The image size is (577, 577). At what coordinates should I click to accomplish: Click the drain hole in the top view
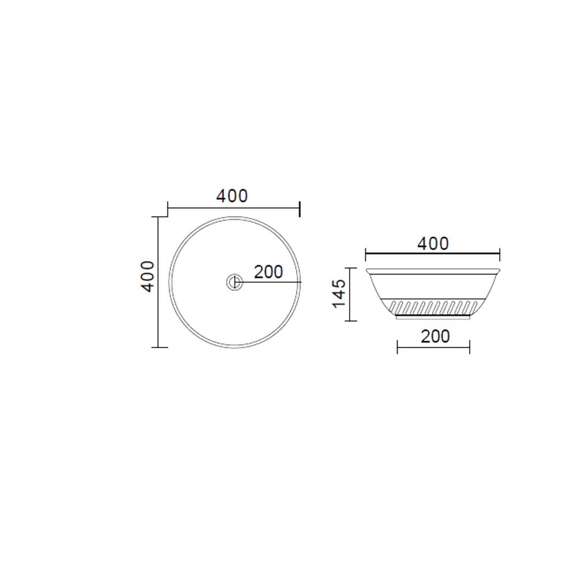[234, 282]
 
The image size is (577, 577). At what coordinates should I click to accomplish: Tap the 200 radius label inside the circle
[268, 272]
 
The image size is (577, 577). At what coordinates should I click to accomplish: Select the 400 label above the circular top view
[232, 196]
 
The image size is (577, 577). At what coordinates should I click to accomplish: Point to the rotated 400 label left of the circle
[148, 276]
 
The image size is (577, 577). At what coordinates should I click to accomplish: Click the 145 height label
[339, 293]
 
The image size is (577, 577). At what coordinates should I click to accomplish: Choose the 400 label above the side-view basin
[433, 243]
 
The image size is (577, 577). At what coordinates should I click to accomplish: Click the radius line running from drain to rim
[271, 282]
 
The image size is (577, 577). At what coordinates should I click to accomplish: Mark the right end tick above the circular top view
[300, 208]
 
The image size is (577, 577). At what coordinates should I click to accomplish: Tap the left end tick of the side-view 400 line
[366, 253]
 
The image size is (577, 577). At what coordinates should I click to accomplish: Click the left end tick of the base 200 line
[398, 347]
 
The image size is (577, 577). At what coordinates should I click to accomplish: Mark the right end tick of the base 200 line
[470, 347]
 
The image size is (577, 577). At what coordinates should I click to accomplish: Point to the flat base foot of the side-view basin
[433, 316]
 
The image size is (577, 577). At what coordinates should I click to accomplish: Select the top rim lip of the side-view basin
[433, 271]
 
